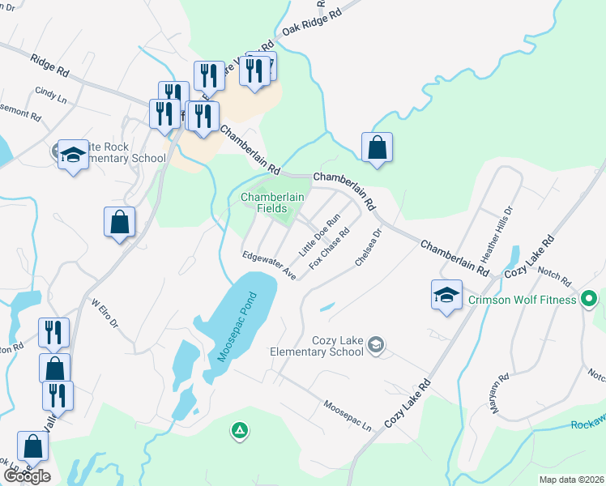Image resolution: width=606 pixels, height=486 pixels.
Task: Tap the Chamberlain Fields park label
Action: click(271, 203)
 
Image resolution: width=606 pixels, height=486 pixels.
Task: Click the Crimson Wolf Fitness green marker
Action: click(590, 300)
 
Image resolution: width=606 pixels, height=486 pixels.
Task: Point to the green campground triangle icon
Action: click(239, 430)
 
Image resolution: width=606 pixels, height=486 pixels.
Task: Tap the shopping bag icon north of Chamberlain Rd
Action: click(377, 149)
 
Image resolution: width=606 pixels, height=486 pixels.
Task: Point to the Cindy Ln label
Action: click(50, 95)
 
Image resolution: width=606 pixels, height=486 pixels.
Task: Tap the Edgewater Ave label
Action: click(269, 265)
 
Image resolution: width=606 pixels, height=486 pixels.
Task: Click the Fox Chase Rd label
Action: click(329, 246)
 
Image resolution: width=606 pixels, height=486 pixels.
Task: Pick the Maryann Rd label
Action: click(498, 394)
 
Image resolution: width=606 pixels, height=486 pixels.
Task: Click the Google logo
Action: click(27, 476)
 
